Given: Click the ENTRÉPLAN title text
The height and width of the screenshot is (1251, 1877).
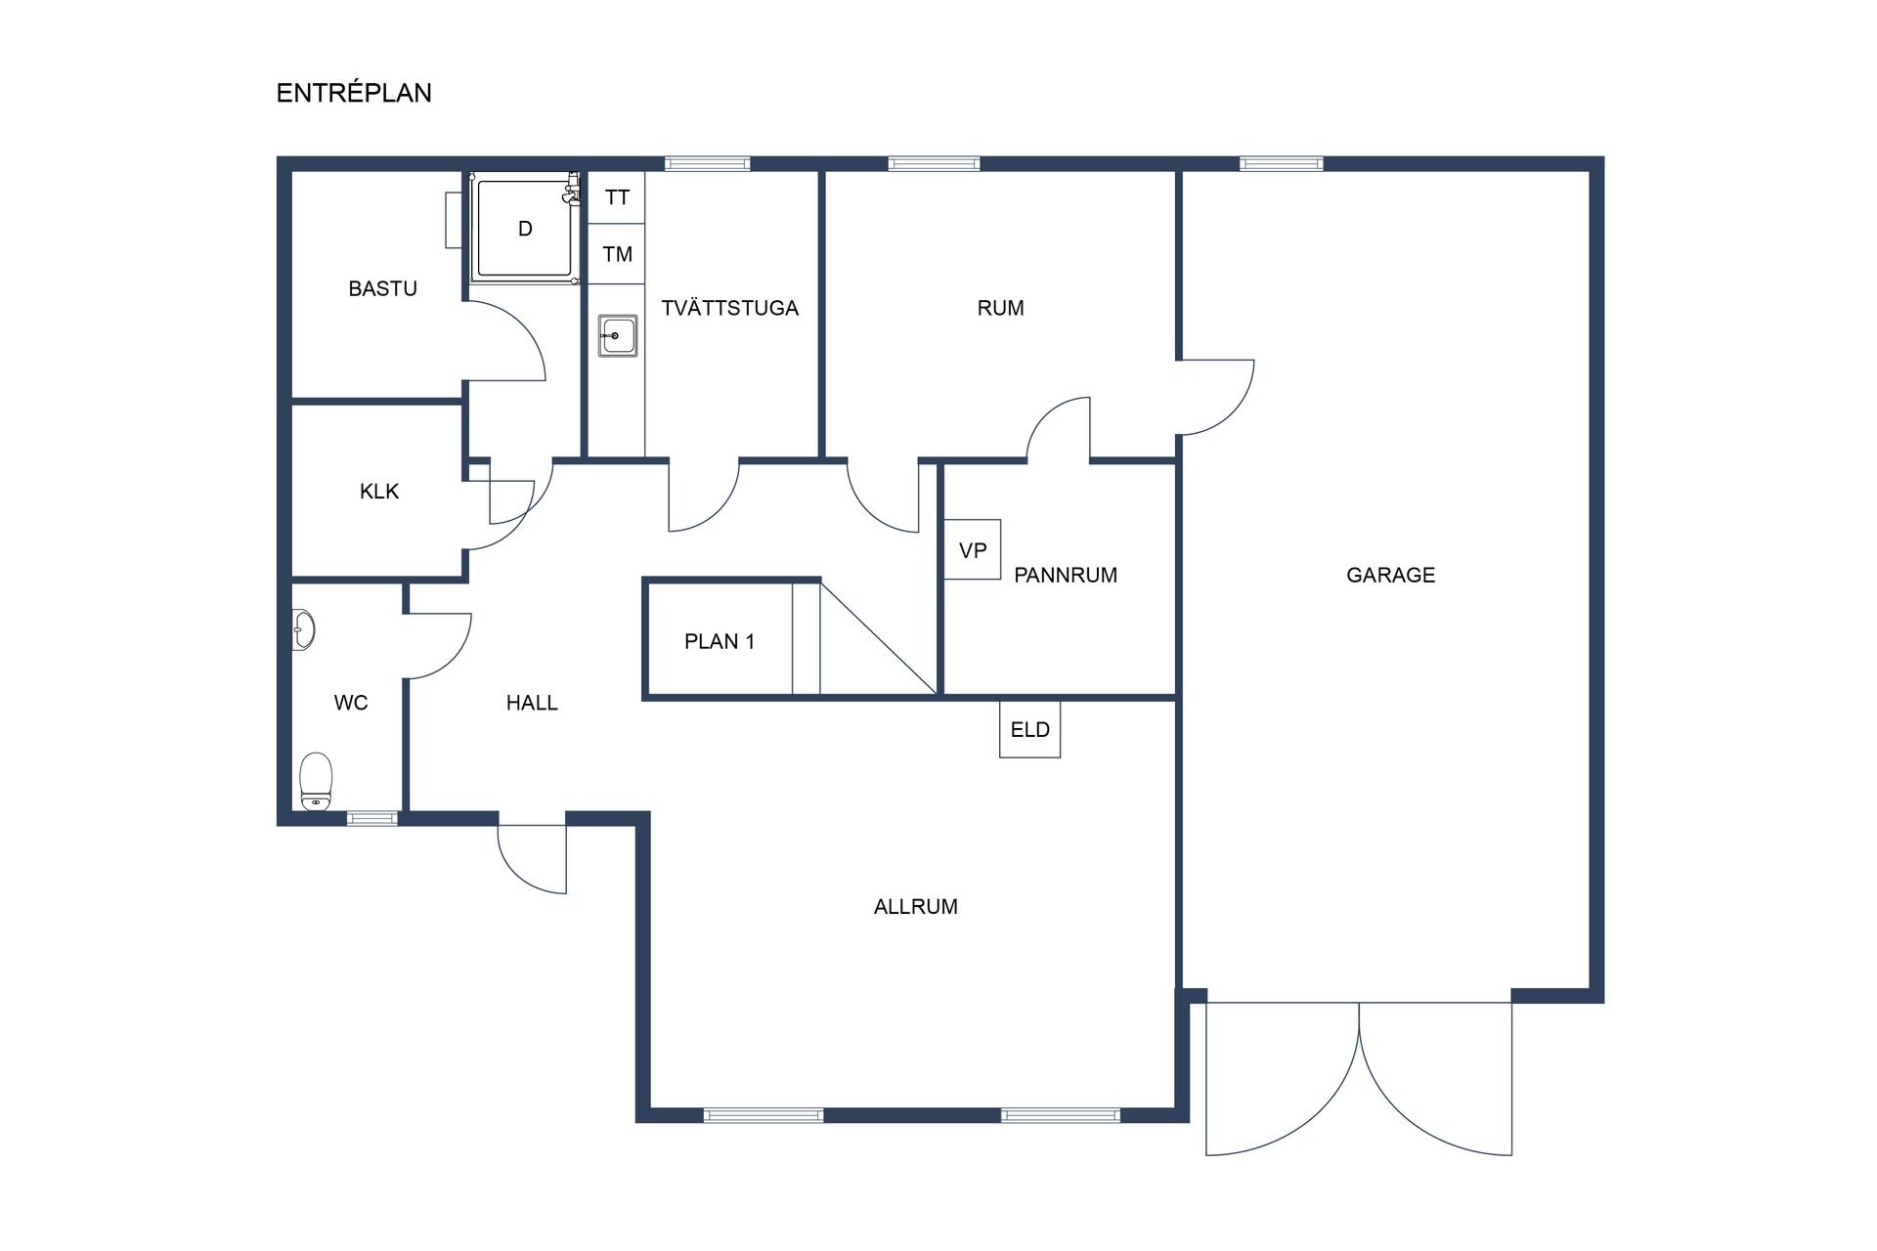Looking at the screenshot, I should [354, 93].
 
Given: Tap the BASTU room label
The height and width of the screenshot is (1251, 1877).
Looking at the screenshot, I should [382, 288].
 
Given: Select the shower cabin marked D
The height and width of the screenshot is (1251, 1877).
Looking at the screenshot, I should [524, 229].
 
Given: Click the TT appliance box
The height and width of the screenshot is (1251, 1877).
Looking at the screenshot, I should [617, 197].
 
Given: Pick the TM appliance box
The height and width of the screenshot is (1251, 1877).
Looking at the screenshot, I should [617, 254].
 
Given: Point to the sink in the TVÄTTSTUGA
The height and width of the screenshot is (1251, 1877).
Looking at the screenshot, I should [618, 335].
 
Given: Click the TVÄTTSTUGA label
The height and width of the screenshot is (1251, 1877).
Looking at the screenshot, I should [729, 308].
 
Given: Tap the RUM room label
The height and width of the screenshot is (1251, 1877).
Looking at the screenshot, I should [1000, 308].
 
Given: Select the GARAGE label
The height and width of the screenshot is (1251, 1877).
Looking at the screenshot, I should [1390, 575].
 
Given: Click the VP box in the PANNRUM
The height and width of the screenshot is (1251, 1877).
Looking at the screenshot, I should [973, 550].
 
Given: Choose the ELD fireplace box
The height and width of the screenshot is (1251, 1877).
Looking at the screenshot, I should [1029, 729].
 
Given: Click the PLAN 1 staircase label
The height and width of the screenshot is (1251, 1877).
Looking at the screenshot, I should [719, 641].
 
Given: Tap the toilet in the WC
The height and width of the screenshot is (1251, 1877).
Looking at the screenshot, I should [316, 781].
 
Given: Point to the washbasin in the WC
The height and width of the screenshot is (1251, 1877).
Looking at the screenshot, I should [304, 629].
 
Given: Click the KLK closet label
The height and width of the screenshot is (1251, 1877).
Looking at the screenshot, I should [379, 491].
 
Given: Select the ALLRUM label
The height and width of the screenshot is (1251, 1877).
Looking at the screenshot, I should [915, 906].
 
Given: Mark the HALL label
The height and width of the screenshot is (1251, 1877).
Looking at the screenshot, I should [532, 702].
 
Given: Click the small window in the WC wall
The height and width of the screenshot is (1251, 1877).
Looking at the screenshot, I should [372, 818].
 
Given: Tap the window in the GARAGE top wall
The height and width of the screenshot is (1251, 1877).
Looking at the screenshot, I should [1281, 163].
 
